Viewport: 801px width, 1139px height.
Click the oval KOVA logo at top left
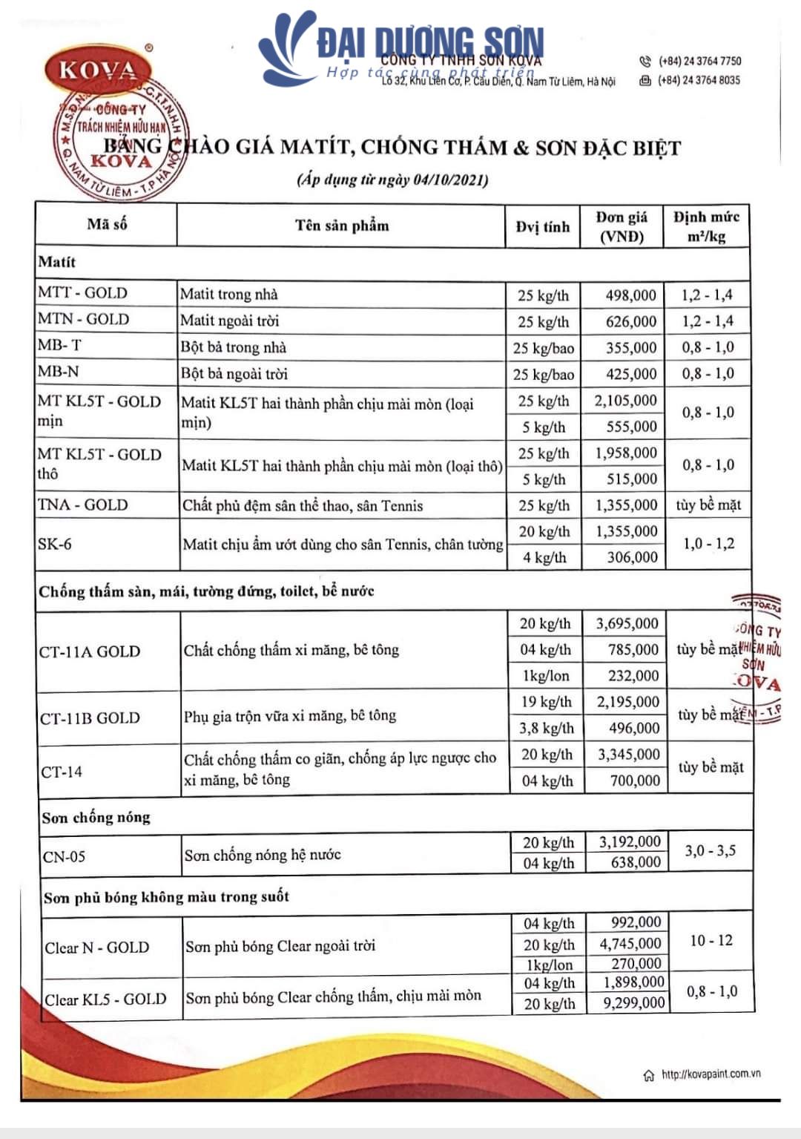98,70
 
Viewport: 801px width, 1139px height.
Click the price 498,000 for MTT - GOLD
630,295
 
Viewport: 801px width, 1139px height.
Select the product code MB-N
59,371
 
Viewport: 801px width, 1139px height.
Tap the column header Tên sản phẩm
342,226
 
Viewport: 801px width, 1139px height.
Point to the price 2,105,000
625,401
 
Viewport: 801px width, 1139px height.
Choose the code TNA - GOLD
83,505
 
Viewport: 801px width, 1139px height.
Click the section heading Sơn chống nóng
96,818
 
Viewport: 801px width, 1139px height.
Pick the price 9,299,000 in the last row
633,1003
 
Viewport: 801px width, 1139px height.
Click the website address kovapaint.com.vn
711,1074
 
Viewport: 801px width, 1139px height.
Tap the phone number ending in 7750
699,61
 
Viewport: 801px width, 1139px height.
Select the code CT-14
62,772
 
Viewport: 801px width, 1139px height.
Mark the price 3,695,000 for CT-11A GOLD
627,623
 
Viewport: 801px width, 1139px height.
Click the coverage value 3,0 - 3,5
710,851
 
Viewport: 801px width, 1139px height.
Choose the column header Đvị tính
543,227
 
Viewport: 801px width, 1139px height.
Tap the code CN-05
64,857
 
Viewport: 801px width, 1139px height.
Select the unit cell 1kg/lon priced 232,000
545,676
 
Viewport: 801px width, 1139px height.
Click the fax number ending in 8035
699,80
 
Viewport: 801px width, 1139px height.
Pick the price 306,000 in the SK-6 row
632,557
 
